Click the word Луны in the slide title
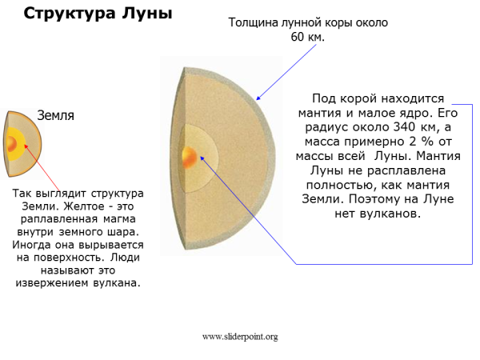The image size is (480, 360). coord(146,14)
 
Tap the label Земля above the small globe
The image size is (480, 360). coord(56,115)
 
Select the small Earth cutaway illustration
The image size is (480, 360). coord(22,144)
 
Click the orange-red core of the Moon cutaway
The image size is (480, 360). coord(190,156)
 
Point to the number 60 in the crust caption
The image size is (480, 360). coord(293,38)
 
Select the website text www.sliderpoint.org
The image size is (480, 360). coord(239,337)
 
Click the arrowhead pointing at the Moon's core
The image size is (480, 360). coord(202,158)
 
